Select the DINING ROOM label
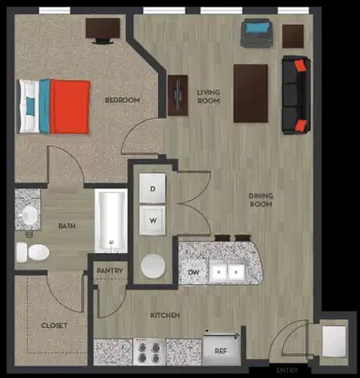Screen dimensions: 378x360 click(260, 200)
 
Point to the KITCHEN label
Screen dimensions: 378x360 click(165, 315)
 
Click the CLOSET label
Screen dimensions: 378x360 click(53, 325)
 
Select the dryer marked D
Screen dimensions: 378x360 click(154, 189)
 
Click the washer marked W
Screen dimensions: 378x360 click(154, 219)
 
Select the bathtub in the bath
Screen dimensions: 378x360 click(111, 220)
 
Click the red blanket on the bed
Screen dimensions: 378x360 click(70, 107)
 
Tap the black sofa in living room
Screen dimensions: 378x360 click(295, 94)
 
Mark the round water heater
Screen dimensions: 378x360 click(153, 265)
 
